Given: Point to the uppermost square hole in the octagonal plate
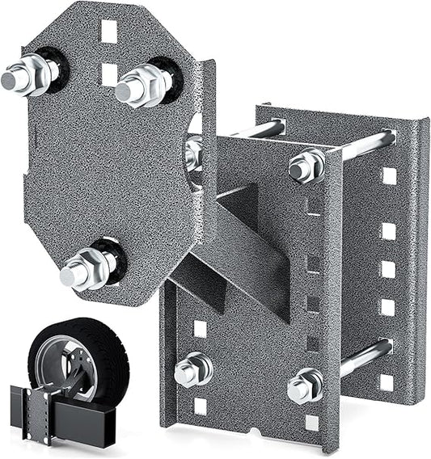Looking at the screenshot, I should [108, 31].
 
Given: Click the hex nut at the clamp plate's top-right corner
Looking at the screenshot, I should [306, 166].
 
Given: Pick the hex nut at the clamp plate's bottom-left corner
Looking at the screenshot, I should [193, 369].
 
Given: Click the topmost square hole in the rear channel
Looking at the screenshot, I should [389, 175].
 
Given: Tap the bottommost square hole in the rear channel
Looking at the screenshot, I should [388, 382].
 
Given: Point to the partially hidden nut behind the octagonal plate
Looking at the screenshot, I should [194, 154].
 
